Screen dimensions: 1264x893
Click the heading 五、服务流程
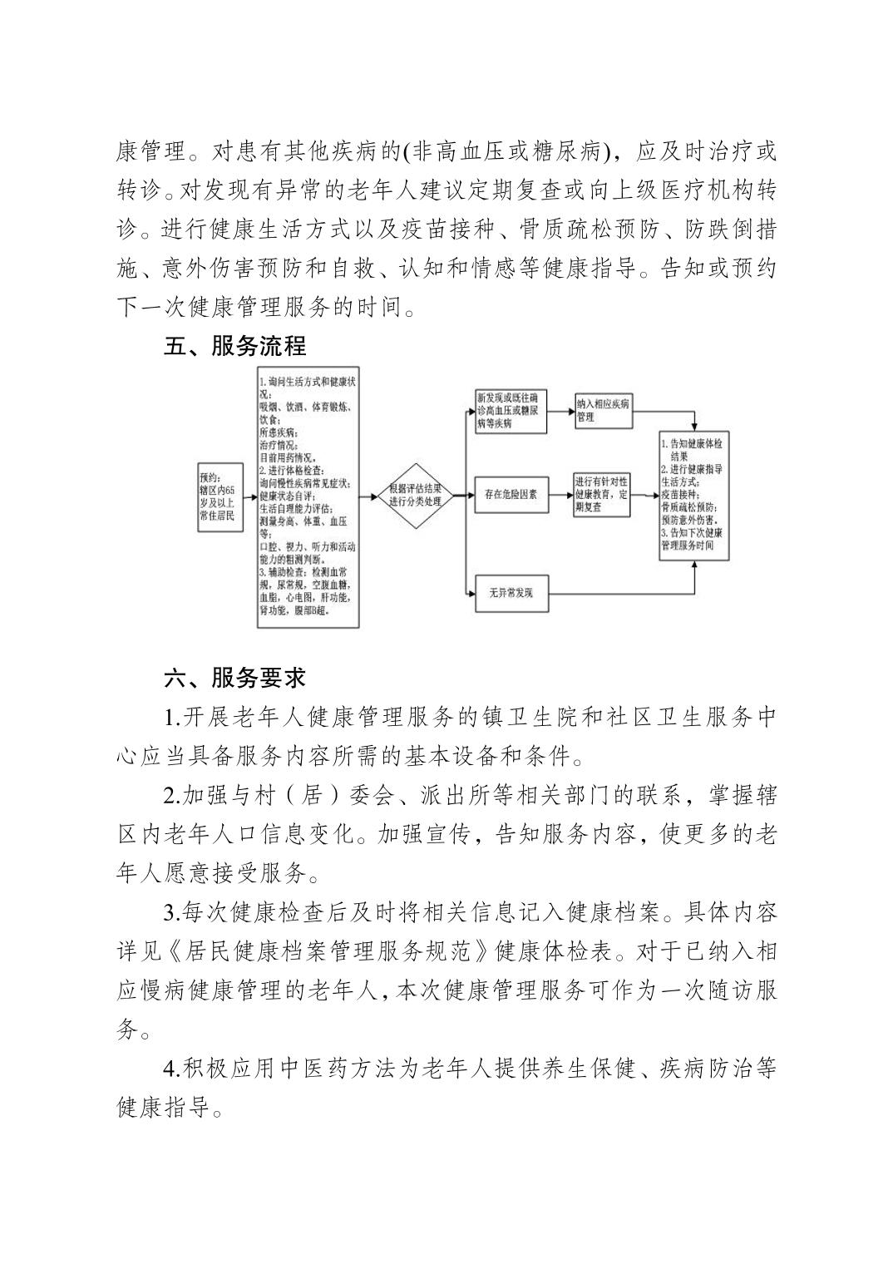click(x=235, y=347)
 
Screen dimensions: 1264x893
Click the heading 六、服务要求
click(x=235, y=678)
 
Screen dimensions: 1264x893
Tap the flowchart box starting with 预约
click(x=219, y=497)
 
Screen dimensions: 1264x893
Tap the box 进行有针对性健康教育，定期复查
click(x=601, y=496)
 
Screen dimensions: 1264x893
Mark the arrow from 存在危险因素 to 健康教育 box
click(x=559, y=496)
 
